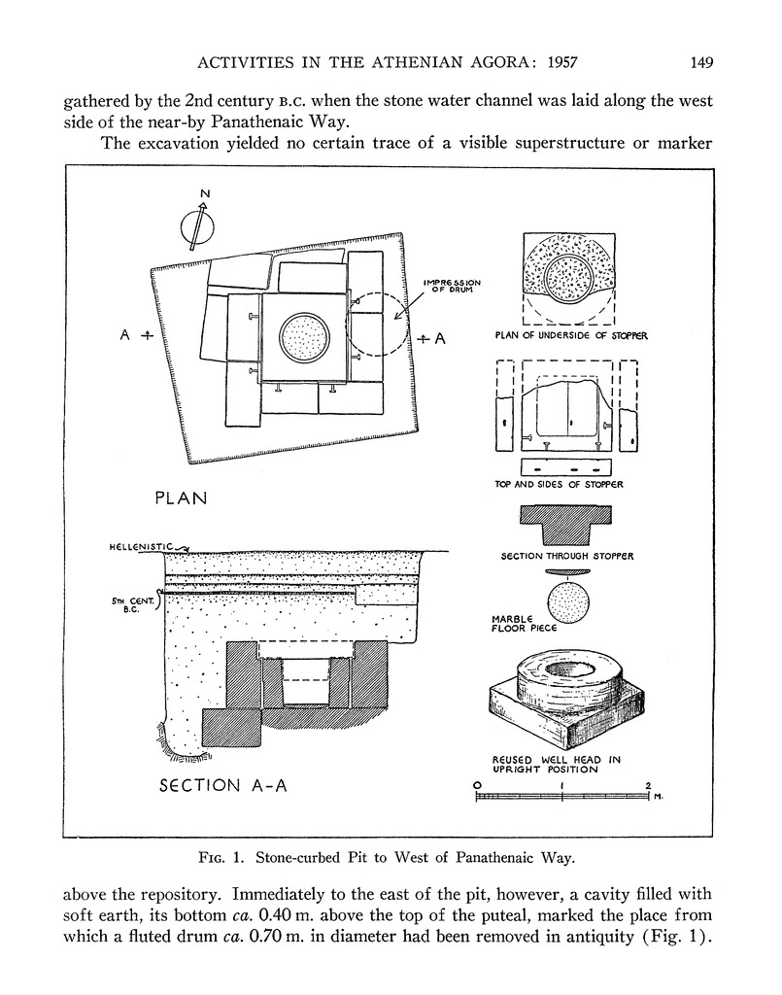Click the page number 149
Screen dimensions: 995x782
click(x=702, y=63)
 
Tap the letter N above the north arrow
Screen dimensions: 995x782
click(x=205, y=193)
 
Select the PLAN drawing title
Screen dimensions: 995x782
click(x=182, y=498)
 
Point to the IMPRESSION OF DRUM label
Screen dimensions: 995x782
click(x=453, y=287)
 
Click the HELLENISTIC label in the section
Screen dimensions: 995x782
click(x=141, y=548)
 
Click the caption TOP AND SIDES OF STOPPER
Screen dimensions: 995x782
click(x=560, y=483)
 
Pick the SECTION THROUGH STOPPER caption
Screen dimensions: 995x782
click(x=567, y=556)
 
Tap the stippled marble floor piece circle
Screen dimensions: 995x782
click(x=568, y=603)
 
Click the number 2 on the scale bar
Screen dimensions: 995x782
click(x=647, y=784)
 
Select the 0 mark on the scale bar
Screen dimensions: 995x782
click(x=477, y=784)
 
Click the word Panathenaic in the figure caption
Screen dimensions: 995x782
click(x=483, y=857)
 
